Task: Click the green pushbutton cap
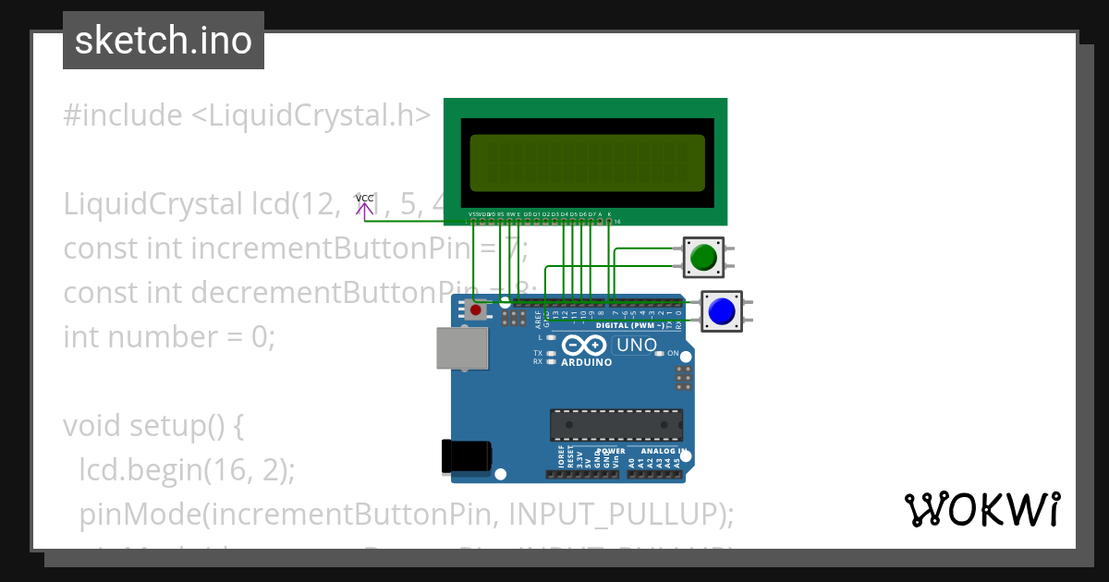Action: pyautogui.click(x=705, y=256)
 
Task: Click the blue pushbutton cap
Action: pyautogui.click(x=721, y=311)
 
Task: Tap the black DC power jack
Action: pyautogui.click(x=467, y=456)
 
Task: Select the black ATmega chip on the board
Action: pyautogui.click(x=616, y=424)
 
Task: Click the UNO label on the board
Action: pyautogui.click(x=637, y=346)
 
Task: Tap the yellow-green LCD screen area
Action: pyautogui.click(x=587, y=159)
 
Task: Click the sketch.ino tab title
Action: pyautogui.click(x=164, y=41)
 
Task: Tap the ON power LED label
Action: pyautogui.click(x=673, y=354)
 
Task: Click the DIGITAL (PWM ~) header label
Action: pyautogui.click(x=628, y=325)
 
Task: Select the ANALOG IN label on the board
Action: pyautogui.click(x=657, y=452)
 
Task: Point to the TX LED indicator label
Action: pyautogui.click(x=538, y=353)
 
